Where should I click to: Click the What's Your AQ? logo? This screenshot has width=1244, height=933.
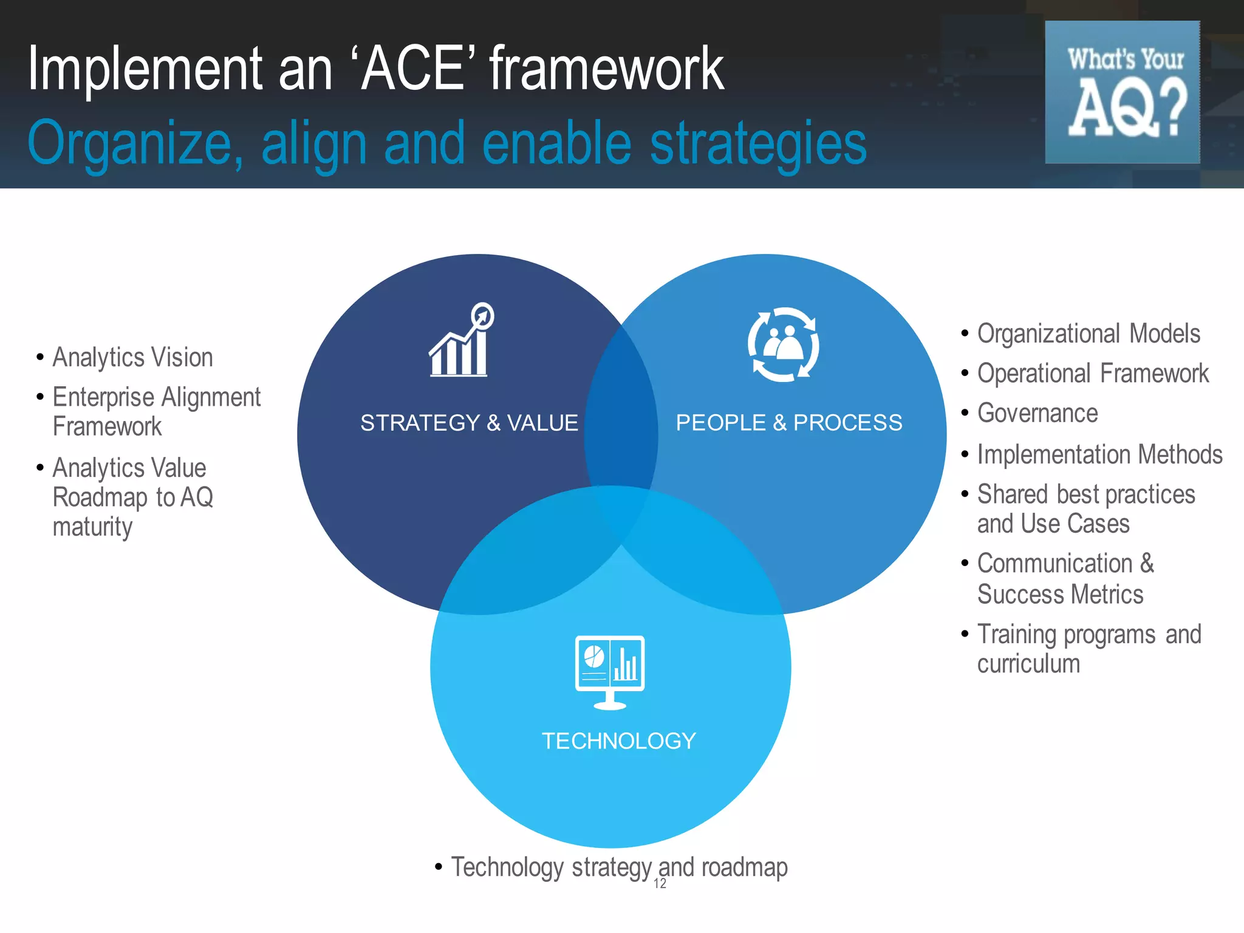pos(1122,92)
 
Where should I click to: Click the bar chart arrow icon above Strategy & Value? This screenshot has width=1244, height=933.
pos(461,341)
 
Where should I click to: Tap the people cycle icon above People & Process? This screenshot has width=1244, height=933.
pos(783,344)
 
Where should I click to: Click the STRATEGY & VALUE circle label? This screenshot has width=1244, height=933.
pos(469,423)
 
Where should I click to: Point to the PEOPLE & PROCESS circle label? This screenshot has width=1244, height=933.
pos(788,423)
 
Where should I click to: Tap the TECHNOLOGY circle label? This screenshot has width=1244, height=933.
pos(618,741)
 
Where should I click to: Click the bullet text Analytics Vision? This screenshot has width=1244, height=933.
pos(132,357)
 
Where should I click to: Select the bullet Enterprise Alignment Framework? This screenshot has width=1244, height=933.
pos(156,411)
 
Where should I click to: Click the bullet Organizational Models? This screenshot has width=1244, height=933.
pos(1088,333)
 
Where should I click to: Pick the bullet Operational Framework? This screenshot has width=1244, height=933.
pos(1092,373)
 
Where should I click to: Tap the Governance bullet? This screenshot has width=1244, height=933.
pos(1037,413)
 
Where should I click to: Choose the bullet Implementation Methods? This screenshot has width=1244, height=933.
pos(1099,454)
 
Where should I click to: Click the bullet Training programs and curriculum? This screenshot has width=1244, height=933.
pos(1088,649)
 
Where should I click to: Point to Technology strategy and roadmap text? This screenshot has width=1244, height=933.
pos(618,867)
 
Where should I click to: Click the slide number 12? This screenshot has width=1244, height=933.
pos(660,884)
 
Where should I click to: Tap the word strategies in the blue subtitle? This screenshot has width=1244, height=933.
pos(757,143)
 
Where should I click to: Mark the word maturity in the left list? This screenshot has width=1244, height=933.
pos(92,527)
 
